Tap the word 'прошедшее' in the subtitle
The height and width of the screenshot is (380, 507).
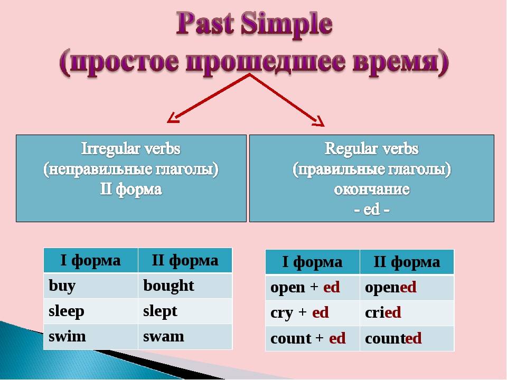coord(265,62)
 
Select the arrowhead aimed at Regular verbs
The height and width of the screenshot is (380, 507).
coord(319,121)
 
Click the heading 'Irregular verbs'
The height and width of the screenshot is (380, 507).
coord(130,149)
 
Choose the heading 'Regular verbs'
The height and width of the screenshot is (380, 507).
coord(371,149)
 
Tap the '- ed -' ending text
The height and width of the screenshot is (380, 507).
coord(371,210)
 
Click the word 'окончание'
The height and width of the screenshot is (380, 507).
coord(371,189)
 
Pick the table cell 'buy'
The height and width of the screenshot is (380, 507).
coord(91,286)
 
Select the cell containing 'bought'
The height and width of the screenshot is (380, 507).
coord(185,286)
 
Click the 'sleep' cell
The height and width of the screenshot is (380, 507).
coord(91,311)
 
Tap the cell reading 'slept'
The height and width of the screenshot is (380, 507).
coord(185,311)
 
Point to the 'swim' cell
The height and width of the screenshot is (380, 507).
coord(91,337)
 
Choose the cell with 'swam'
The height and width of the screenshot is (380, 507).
coord(185,337)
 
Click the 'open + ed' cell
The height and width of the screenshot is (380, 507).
coord(313,287)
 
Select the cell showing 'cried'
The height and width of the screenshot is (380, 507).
coord(407,313)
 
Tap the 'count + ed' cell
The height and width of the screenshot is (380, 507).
coord(313,338)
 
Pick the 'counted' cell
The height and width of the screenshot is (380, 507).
coord(407,338)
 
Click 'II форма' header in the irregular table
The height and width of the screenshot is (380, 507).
coord(185,260)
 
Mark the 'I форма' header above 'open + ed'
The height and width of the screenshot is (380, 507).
coord(313,262)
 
